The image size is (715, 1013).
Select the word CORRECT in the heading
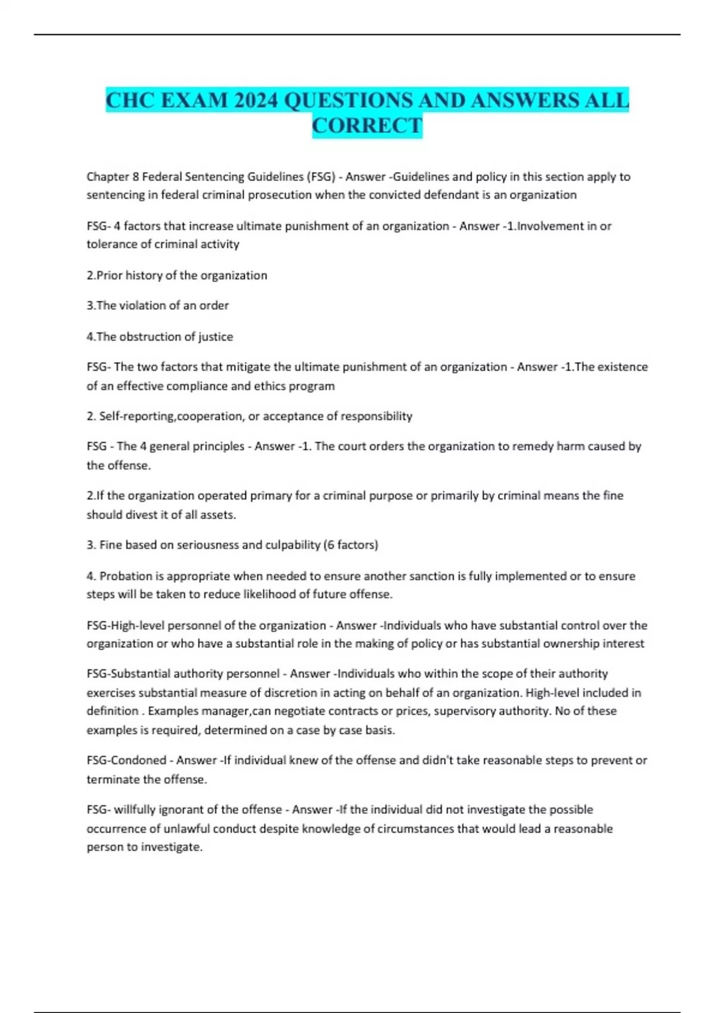pos(367,126)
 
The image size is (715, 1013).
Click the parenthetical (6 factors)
pos(350,545)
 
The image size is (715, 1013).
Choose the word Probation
pos(126,576)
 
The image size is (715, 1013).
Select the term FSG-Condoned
pos(126,760)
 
